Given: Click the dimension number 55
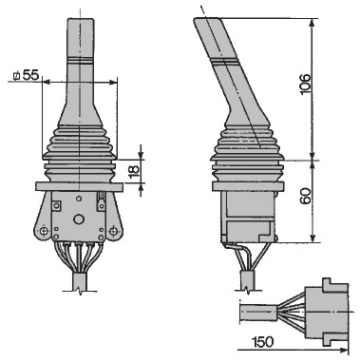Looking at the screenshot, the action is tap(30, 75).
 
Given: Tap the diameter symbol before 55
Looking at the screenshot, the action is tap(16, 76).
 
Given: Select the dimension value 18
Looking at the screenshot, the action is tap(134, 170).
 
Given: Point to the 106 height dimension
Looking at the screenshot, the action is tap(305, 84).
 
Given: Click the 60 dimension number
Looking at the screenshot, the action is tap(305, 197).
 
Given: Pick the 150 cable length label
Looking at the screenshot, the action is tap(263, 342).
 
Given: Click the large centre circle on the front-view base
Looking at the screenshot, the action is tap(78, 219).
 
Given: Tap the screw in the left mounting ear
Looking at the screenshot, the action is tap(44, 232).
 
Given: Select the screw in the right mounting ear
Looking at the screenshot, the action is tap(113, 232).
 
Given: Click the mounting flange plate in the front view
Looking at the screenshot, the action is tap(79, 186).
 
